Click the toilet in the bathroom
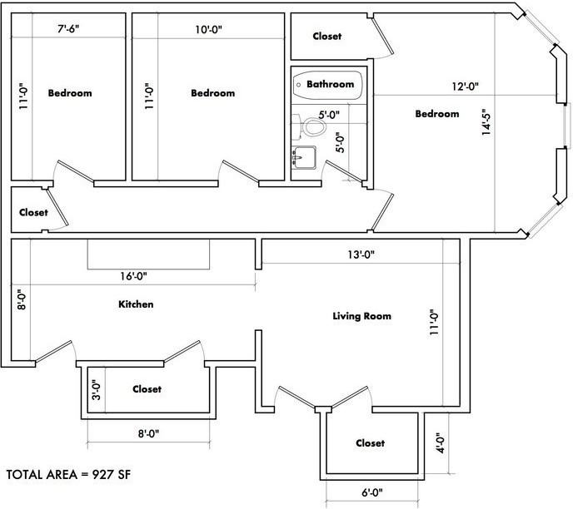coord(310,126)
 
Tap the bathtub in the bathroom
coord(328,85)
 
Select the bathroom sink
coord(304,157)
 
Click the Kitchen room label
coord(136,304)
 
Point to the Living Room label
coord(361,316)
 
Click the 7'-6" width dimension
coord(68,29)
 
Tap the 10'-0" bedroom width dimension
coord(209,30)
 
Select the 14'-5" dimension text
coord(486,122)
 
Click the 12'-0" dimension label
coord(466,86)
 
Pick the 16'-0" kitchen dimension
coord(133,276)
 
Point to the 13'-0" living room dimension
coord(361,254)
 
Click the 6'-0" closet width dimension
coord(372,493)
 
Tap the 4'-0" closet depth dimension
coord(441,443)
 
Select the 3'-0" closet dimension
coord(96,390)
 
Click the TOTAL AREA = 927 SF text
coord(68,475)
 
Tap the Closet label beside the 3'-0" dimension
coord(147,389)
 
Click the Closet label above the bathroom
coord(327,36)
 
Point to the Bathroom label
coord(331,84)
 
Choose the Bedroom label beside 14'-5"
coord(437,114)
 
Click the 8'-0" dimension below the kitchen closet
coord(148,434)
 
